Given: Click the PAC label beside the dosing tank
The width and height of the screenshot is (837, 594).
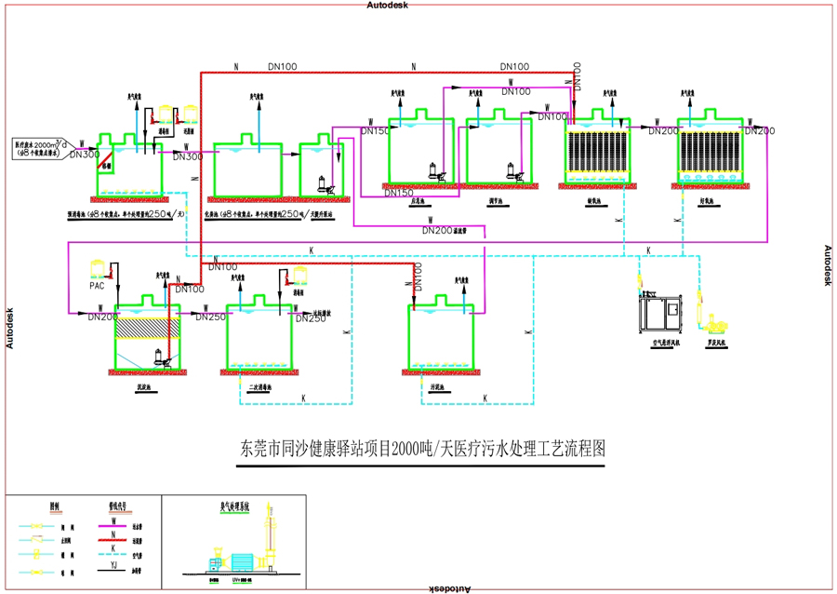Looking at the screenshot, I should click(x=97, y=286).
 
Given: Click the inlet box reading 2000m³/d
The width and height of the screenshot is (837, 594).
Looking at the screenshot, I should click(x=42, y=148).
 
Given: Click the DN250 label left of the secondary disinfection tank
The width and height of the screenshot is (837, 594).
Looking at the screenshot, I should click(x=210, y=317).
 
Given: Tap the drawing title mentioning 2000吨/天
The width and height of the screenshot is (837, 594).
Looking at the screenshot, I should click(x=423, y=448).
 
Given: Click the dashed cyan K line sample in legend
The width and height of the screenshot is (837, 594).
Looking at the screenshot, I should click(x=113, y=552).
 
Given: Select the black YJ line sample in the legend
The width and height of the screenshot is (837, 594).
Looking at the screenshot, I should click(x=113, y=565).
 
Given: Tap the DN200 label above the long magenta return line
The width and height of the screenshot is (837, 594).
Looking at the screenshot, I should click(x=437, y=230).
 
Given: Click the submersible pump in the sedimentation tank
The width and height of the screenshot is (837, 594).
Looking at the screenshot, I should click(x=163, y=357).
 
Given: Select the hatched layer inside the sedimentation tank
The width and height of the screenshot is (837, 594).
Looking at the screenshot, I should click(x=144, y=327).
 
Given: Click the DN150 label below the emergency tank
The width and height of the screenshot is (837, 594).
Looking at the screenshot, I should click(x=398, y=193).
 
